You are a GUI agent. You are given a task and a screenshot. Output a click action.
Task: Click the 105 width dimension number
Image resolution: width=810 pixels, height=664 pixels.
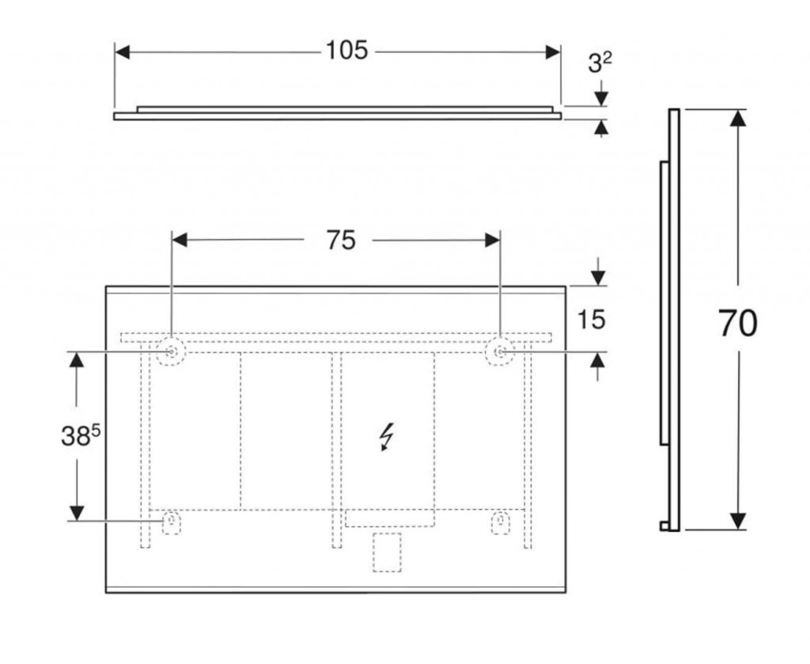pos(346,51)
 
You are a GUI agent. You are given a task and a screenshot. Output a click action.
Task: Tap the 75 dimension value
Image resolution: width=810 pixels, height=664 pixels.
pos(341,241)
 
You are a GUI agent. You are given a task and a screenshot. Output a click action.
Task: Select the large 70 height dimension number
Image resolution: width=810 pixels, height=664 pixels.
pos(738,324)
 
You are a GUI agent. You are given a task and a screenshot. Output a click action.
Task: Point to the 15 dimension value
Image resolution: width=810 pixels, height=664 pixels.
pos(591,320)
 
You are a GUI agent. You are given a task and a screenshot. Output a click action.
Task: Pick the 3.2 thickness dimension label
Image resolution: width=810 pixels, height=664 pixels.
pos(600,63)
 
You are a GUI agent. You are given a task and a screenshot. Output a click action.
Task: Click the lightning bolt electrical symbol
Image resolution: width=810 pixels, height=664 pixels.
pos(386,437)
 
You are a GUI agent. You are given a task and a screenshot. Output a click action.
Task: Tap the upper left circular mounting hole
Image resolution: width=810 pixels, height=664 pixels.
pos(171,352)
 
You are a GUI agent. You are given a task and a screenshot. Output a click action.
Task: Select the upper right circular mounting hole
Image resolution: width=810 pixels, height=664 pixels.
pos(500,352)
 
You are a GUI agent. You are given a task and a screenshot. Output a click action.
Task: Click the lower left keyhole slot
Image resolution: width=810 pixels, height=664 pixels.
pos(172,522)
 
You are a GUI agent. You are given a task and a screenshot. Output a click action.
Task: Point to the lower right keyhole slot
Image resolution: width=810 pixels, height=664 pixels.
pos(500,522)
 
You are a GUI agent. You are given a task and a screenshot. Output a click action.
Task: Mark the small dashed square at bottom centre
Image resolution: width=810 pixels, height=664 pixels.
pos(387,552)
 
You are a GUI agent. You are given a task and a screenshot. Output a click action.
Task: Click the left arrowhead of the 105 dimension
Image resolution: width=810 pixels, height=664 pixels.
pos(122,51)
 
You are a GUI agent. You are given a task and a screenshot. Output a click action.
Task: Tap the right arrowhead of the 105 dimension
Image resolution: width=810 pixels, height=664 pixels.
pos(553,51)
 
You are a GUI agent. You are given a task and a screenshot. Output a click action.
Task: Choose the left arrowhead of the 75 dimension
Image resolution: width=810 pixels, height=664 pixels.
pos(180,240)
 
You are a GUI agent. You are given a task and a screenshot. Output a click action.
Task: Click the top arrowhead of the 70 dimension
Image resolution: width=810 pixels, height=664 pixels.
pos(739,118)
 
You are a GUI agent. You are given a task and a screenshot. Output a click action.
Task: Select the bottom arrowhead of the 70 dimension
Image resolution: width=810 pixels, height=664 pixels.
pos(739,521)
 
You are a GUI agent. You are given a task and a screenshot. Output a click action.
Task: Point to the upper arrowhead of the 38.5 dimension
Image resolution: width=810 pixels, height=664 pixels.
pos(77,359)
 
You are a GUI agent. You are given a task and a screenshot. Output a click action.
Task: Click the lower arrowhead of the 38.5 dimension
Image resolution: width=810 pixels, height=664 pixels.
pos(77,513)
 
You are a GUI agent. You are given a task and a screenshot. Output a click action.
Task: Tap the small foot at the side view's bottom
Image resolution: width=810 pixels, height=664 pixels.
pos(664,526)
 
